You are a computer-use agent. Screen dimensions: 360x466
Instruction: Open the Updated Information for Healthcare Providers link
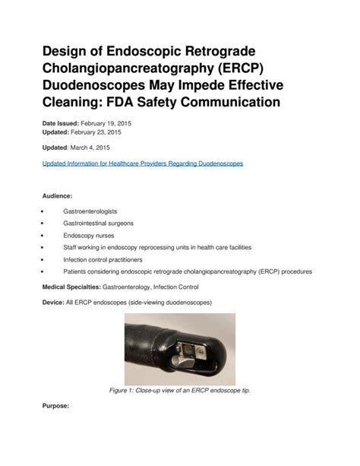tap(141, 164)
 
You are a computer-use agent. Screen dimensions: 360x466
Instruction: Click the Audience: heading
tap(56, 196)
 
